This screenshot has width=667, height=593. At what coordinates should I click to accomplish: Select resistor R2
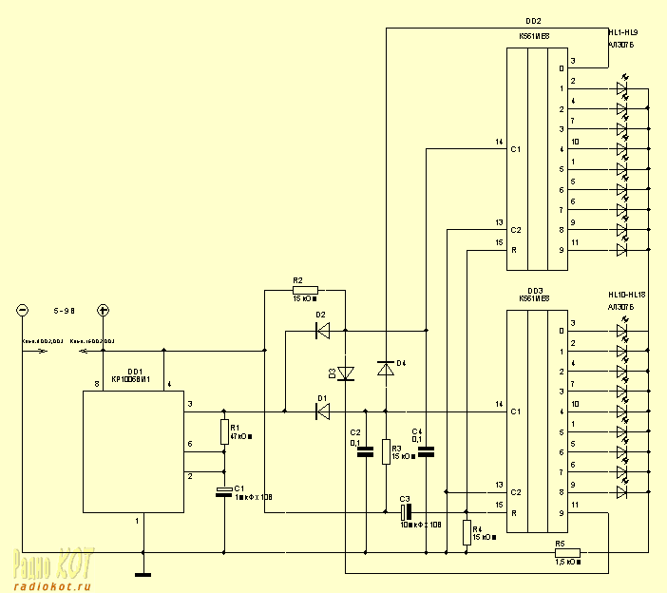[x=305, y=289]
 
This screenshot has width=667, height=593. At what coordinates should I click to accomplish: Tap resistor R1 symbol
[x=225, y=432]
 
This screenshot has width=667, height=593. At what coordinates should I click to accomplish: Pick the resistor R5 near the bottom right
[x=567, y=552]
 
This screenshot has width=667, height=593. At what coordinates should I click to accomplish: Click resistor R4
[x=467, y=530]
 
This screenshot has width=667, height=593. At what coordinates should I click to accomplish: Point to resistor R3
[x=386, y=451]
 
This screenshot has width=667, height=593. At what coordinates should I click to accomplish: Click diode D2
[x=322, y=331]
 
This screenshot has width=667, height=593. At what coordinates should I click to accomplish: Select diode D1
[x=322, y=411]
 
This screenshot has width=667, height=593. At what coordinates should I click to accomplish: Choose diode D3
[x=345, y=373]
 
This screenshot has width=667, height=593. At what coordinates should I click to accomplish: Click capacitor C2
[x=364, y=452]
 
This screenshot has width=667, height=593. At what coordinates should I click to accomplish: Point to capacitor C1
[x=225, y=491]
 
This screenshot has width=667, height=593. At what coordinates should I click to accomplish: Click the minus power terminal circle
[x=22, y=310]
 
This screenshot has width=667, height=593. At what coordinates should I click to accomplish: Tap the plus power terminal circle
[x=104, y=310]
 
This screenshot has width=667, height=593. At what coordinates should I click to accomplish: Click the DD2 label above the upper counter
[x=534, y=20]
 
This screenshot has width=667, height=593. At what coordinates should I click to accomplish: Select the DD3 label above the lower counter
[x=534, y=290]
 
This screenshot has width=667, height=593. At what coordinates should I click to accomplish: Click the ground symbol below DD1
[x=144, y=574]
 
